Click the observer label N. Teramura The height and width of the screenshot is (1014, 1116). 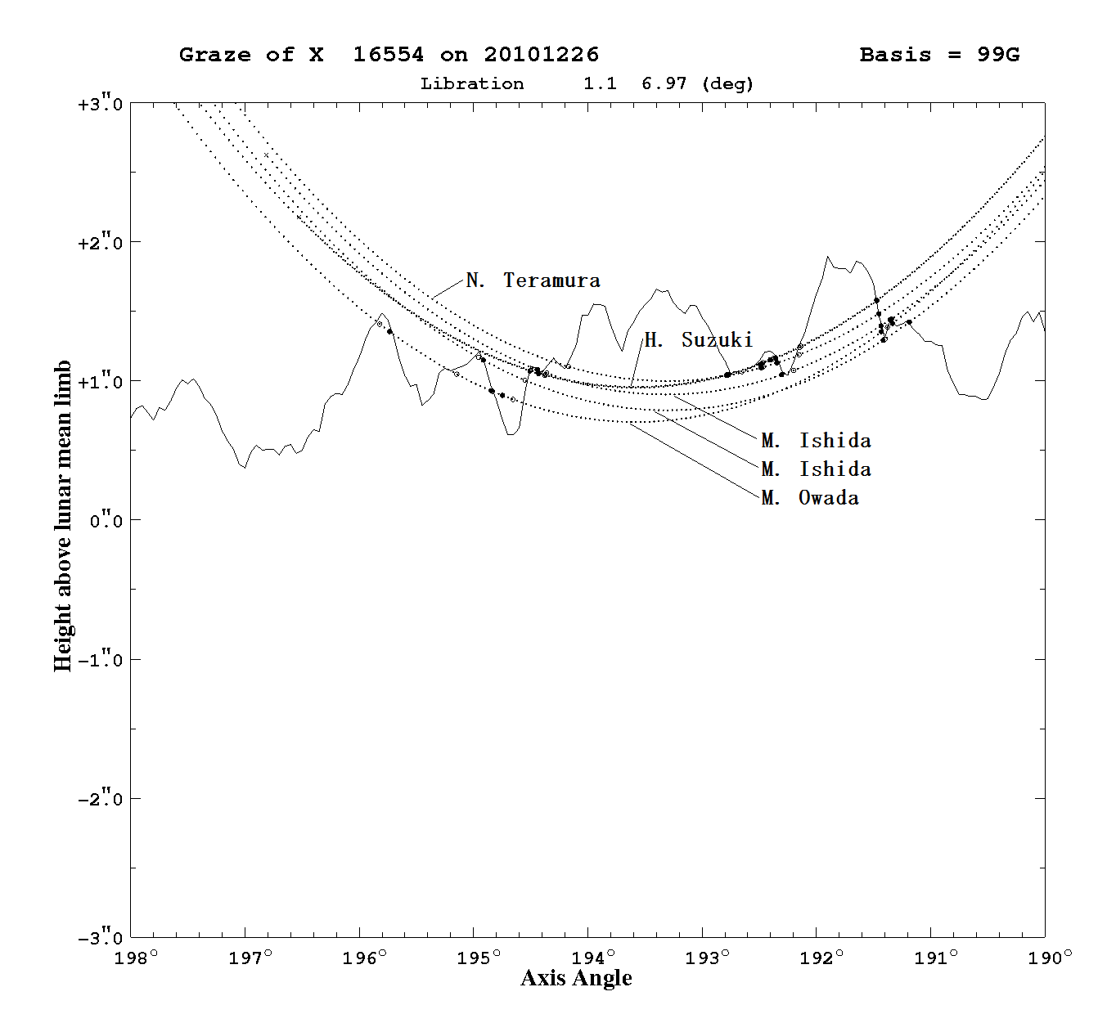pyautogui.click(x=533, y=280)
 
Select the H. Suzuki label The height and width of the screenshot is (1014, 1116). pyautogui.click(x=698, y=340)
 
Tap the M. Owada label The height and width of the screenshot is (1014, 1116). pyautogui.click(x=810, y=498)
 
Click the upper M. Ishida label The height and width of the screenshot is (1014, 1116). pyautogui.click(x=817, y=441)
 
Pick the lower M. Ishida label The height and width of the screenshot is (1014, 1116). pyautogui.click(x=817, y=469)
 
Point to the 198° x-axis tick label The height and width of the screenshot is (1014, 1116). pyautogui.click(x=135, y=958)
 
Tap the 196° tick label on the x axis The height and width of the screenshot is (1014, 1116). pyautogui.click(x=364, y=958)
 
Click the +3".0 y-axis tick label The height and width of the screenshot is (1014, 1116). pyautogui.click(x=100, y=104)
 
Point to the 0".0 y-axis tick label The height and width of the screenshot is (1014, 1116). pyautogui.click(x=106, y=521)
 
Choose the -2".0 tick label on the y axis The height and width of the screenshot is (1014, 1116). pyautogui.click(x=100, y=799)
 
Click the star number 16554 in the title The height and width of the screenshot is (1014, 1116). pyautogui.click(x=389, y=55)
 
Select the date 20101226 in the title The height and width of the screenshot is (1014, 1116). pyautogui.click(x=542, y=55)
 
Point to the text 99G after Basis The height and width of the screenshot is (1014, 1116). pyautogui.click(x=999, y=55)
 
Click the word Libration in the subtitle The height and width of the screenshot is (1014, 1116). pyautogui.click(x=472, y=84)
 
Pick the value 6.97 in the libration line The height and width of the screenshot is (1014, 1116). pyautogui.click(x=664, y=84)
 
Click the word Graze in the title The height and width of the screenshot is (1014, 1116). pyautogui.click(x=214, y=55)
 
